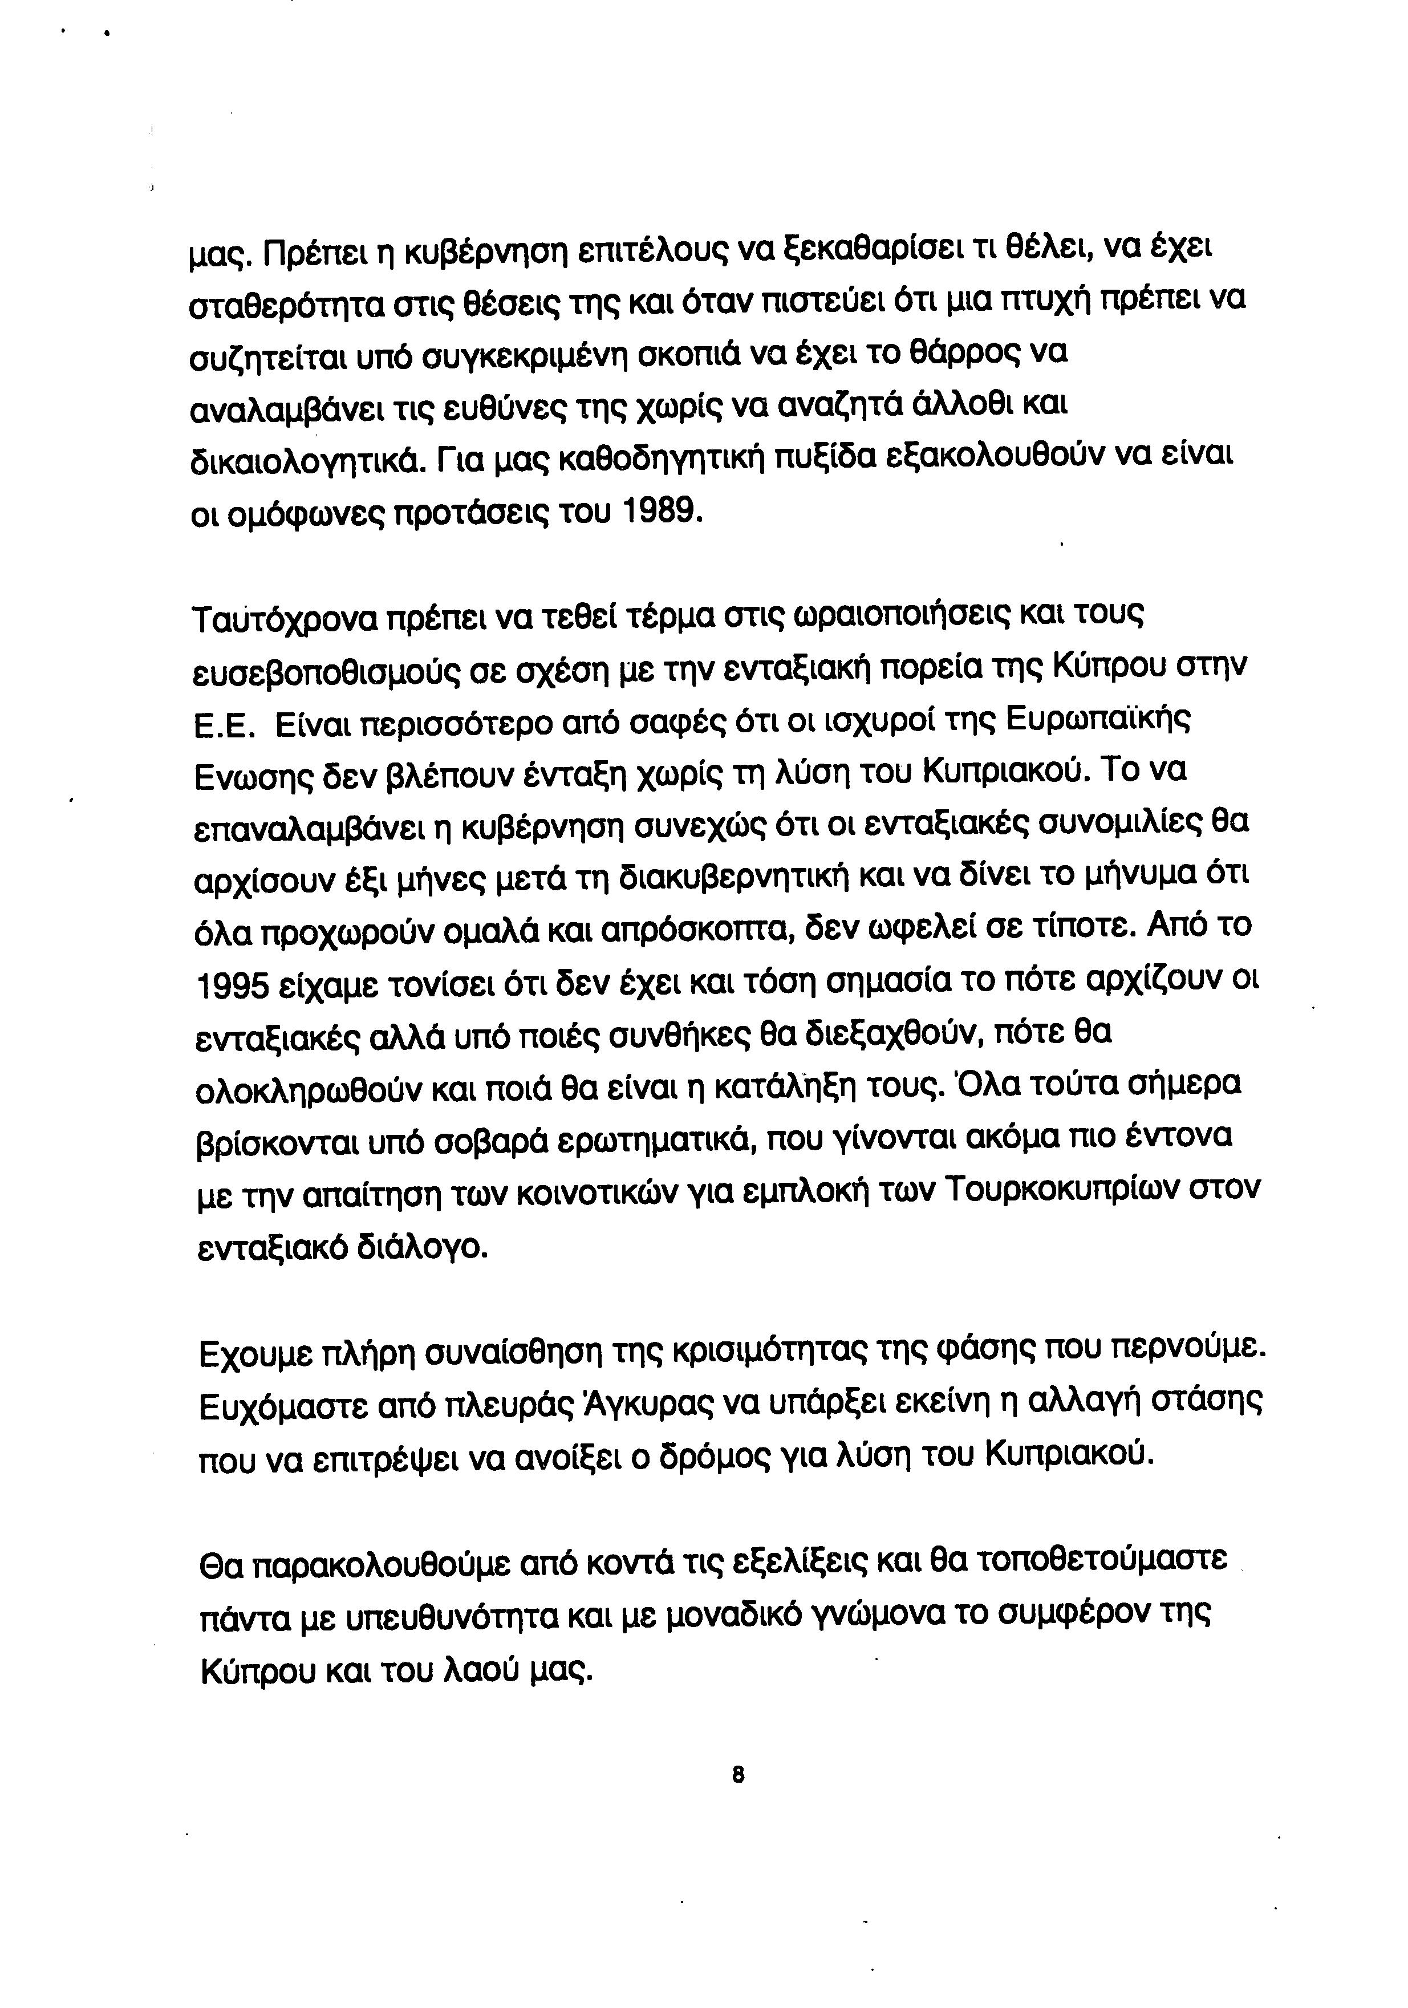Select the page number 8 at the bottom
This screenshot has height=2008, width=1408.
tap(737, 1775)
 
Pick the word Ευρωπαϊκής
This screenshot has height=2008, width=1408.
tap(1098, 723)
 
